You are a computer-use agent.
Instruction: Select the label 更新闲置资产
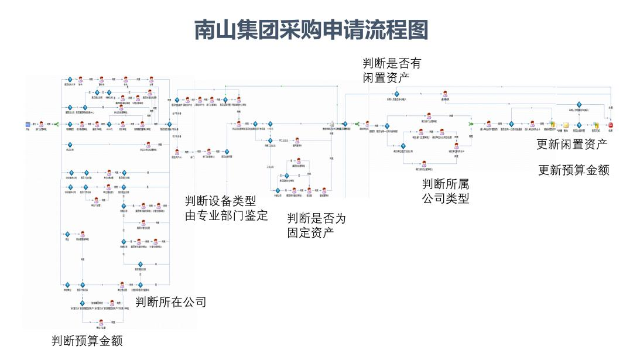(x=572, y=144)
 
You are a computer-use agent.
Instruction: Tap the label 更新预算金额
(x=574, y=170)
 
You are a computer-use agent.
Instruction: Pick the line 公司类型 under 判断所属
(x=446, y=198)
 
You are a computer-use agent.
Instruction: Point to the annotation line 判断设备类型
(x=221, y=201)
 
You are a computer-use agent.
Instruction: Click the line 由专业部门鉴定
(x=227, y=215)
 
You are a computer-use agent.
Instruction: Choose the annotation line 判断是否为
(x=316, y=218)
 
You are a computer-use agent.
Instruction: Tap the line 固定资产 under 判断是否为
(x=311, y=233)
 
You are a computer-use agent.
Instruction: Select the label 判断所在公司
(x=171, y=302)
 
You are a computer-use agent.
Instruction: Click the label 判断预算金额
(x=87, y=341)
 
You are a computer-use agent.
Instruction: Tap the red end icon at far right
(x=610, y=124)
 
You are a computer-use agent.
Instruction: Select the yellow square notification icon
(x=566, y=124)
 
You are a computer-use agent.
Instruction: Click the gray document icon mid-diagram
(x=332, y=124)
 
